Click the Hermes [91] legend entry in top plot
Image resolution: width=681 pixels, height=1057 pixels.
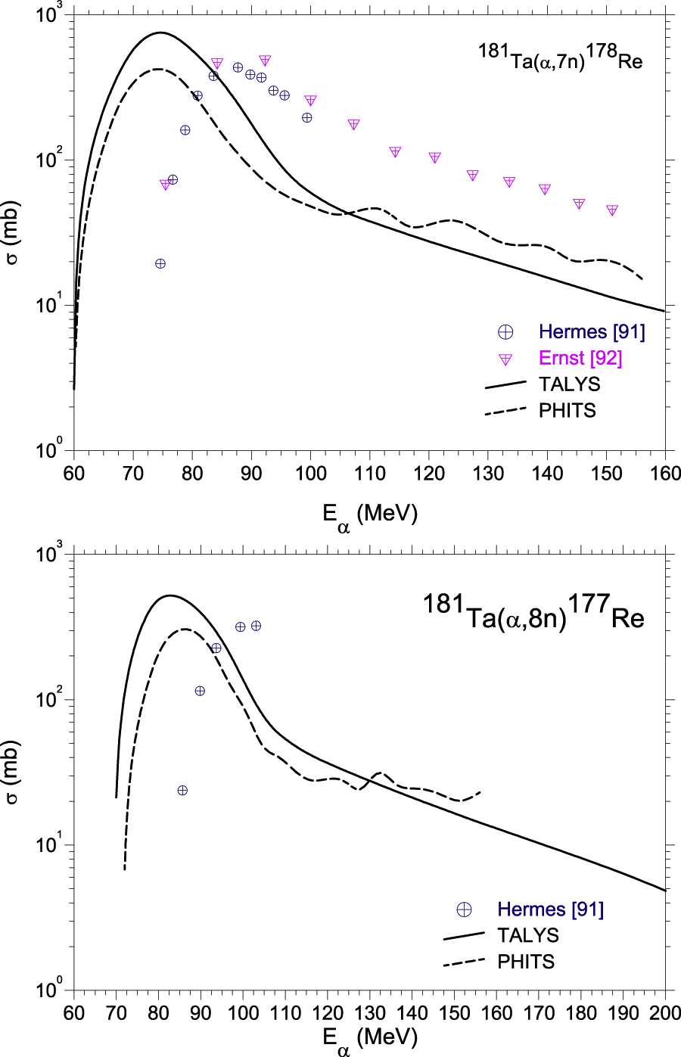(x=591, y=331)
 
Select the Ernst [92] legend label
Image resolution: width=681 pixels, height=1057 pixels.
(x=580, y=358)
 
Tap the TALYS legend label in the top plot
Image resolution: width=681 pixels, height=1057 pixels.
(x=569, y=384)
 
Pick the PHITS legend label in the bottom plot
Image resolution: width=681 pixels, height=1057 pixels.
(x=526, y=962)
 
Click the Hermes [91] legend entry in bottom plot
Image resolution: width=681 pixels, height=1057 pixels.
(x=550, y=909)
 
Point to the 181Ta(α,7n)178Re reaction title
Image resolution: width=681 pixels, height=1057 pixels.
(x=560, y=58)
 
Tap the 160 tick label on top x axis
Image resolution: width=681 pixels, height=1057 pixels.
(x=665, y=474)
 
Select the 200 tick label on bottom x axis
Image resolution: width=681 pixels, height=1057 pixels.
(x=665, y=1013)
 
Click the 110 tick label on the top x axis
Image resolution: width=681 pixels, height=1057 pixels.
(x=369, y=474)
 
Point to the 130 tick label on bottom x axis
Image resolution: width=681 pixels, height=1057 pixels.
(x=369, y=1013)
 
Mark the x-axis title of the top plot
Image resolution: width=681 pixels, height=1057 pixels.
(x=369, y=516)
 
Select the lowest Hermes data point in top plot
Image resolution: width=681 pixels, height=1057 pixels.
(x=160, y=263)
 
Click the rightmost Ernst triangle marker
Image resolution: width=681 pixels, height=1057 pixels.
(x=612, y=210)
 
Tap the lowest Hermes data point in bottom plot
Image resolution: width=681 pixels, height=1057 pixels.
(x=182, y=791)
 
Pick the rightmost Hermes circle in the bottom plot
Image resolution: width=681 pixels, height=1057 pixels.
(x=256, y=626)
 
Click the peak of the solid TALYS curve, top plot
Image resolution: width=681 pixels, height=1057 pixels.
(x=160, y=33)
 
